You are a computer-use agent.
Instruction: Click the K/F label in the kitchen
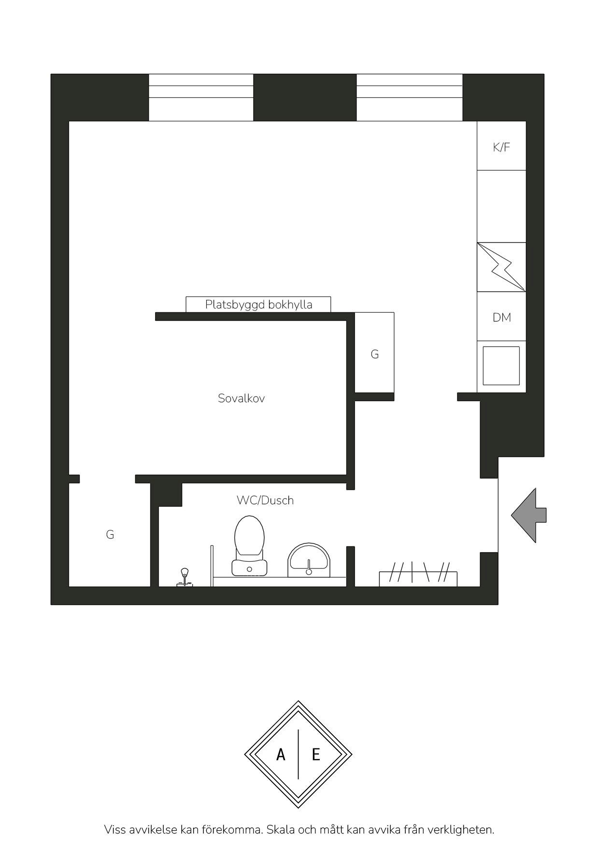coord(501,147)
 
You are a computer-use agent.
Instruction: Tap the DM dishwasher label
coord(502,317)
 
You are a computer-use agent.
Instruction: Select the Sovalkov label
coord(241,398)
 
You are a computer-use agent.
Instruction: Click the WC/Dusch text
coord(265,500)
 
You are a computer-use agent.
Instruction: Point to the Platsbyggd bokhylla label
coord(259,305)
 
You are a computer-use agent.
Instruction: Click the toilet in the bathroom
coord(249,545)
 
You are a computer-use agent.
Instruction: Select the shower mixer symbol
coord(184,578)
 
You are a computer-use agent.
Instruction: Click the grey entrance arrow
coord(529,515)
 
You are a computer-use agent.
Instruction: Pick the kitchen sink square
coord(501,366)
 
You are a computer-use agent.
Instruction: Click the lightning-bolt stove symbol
coord(501,267)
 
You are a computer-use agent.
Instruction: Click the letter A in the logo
coord(281,754)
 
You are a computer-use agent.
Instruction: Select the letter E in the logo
coord(316,754)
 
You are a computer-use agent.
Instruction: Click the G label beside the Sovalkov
coord(375,354)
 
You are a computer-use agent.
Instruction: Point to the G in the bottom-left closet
coord(110,535)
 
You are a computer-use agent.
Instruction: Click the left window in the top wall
coord(201,97)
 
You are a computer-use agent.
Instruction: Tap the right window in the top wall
coord(410,97)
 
